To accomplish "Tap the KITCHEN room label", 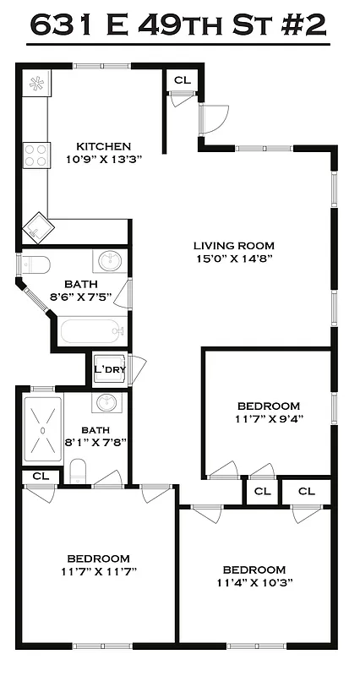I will pos(103,145).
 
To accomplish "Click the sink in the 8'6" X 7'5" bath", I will pos(111,260).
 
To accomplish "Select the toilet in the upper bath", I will pos(32,264).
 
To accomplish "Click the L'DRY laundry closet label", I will pos(110,370).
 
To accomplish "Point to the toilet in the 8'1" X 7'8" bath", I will pos(78,469).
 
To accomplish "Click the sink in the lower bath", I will pos(106,402).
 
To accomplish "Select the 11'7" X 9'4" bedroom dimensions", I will pos(269,418).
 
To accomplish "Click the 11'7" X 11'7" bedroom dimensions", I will pos(98,571).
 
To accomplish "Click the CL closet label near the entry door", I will pos(182,79).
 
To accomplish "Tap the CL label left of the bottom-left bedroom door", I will pos(40,477).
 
